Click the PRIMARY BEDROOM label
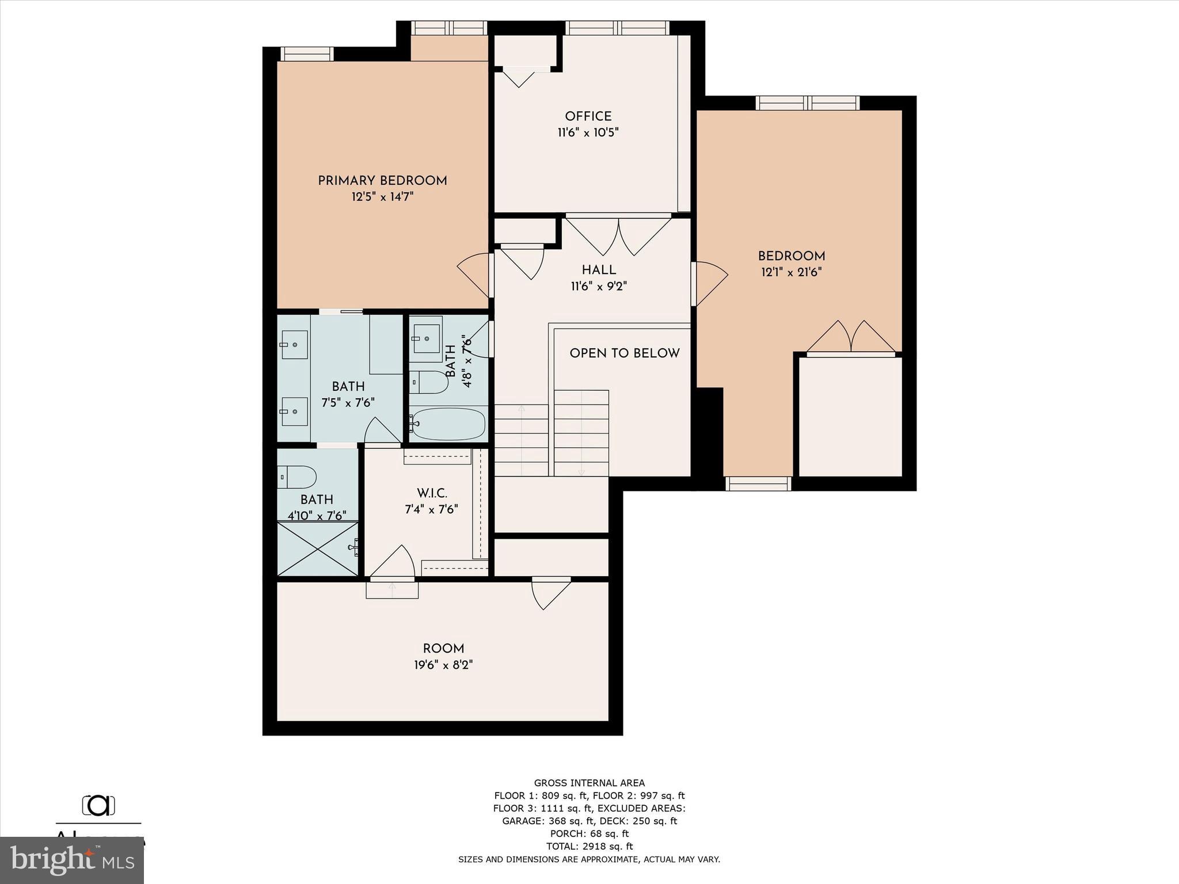[x=382, y=181]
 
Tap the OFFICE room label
[x=588, y=116]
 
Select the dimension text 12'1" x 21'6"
[x=791, y=272]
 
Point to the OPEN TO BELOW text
[x=625, y=353]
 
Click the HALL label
[x=599, y=270]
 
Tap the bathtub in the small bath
[x=448, y=424]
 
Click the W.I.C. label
[x=432, y=493]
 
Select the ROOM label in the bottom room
[x=443, y=649]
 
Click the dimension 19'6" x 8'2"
[x=443, y=665]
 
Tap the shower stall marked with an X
[x=318, y=548]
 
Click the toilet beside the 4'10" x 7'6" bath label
[x=298, y=477]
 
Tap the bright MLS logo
[x=72, y=860]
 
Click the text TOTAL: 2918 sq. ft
[x=589, y=846]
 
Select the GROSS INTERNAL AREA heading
[x=589, y=783]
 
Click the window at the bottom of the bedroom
[x=758, y=483]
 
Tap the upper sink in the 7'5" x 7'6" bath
[x=294, y=345]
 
